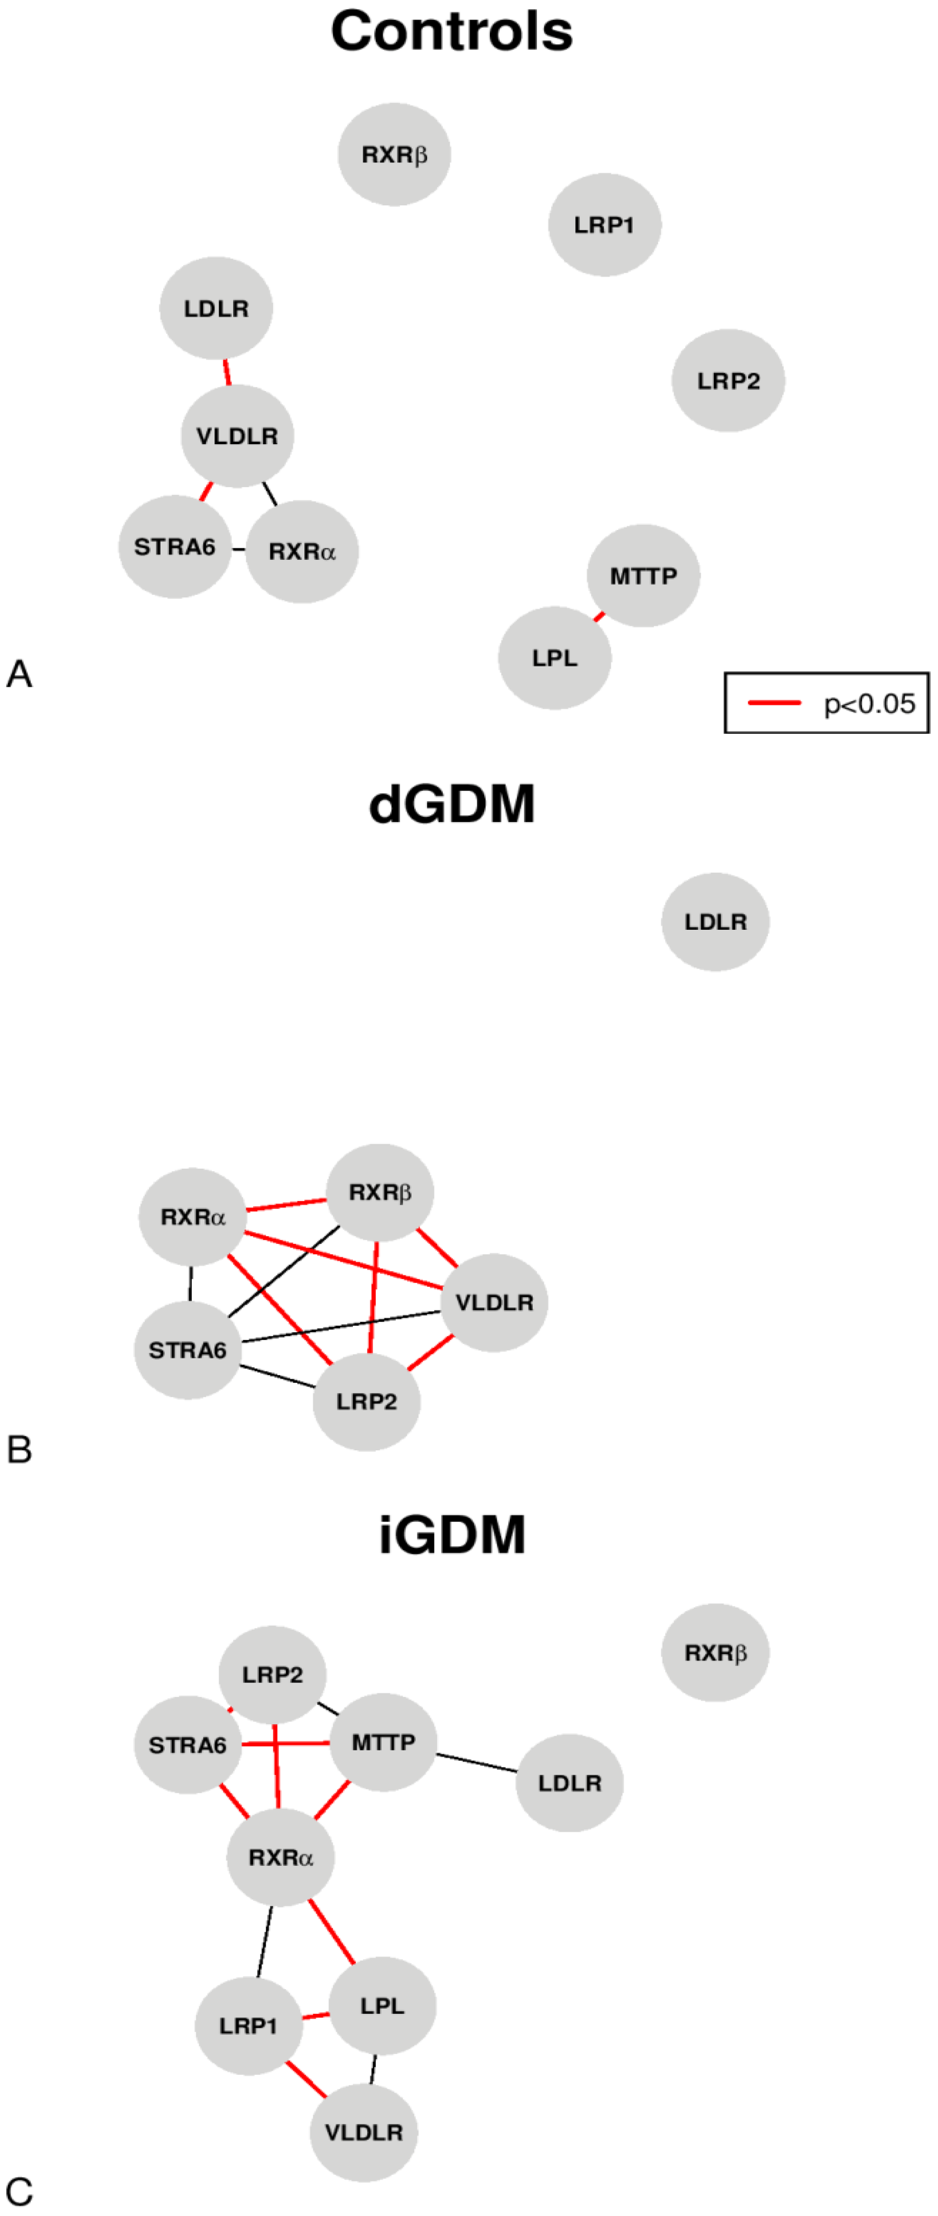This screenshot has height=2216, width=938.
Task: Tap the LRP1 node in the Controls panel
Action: point(604,225)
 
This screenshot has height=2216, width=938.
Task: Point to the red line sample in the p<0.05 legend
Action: point(774,703)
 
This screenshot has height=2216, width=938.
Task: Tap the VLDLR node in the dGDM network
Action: point(494,1302)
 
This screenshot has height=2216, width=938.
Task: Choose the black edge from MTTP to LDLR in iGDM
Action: point(477,1763)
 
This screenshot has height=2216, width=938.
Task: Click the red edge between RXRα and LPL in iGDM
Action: point(331,1931)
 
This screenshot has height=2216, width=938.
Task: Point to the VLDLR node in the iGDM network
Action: point(363,2132)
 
